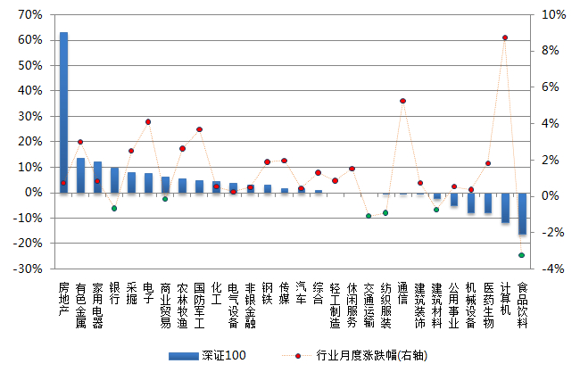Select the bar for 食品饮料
coord(522,213)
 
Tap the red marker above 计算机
coord(505,37)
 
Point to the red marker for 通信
coord(403,101)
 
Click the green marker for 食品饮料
coord(522,255)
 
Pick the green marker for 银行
coord(114,209)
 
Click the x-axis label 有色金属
coord(80,304)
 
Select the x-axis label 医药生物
coord(488,304)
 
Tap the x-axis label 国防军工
coord(199,304)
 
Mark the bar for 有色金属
coord(80,175)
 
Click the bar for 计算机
coord(505,207)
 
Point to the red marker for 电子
coord(148,122)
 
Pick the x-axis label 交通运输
coord(369,304)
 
